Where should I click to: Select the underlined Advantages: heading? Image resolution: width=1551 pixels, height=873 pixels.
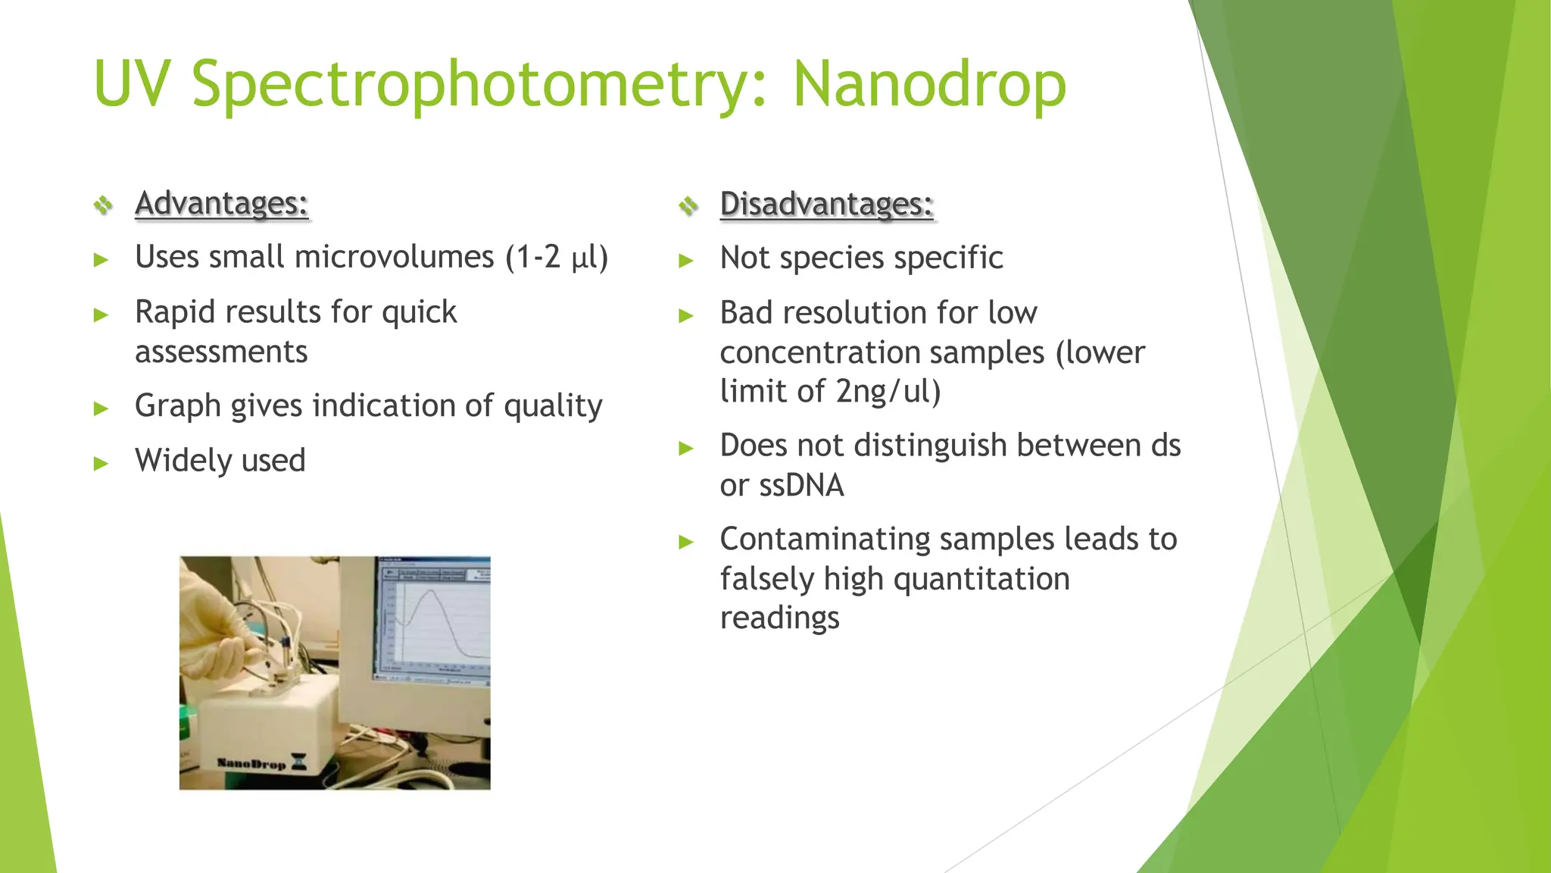pos(221,203)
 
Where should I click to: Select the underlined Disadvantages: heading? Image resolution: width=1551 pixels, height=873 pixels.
pos(826,204)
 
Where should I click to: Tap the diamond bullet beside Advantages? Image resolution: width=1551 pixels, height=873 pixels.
pos(103,205)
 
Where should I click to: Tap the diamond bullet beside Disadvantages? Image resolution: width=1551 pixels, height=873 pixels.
pos(688,205)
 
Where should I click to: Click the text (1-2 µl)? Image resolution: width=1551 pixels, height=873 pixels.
pos(557,258)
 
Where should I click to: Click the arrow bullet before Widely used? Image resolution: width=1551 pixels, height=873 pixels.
pos(101,463)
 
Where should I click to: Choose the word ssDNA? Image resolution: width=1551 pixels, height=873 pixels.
pos(801,485)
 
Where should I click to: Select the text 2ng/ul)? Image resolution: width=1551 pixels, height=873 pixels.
pos(888,392)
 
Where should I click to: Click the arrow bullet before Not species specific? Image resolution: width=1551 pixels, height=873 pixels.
pos(686,261)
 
